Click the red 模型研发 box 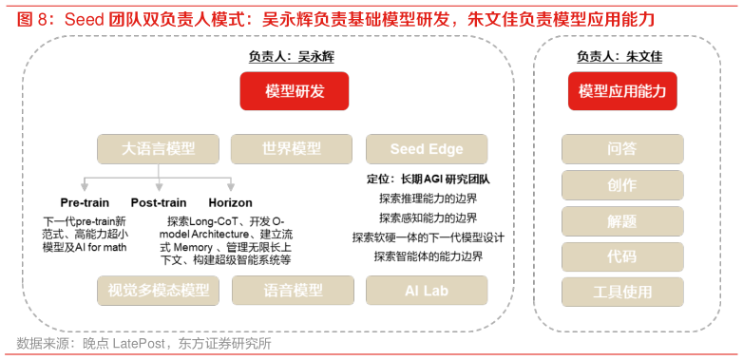(295, 91)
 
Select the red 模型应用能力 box (622, 91)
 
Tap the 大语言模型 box (158, 149)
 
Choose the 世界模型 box (293, 149)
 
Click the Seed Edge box (427, 149)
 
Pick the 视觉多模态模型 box (158, 291)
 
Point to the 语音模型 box (293, 291)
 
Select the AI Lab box (427, 291)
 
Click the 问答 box (622, 149)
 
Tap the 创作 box (622, 185)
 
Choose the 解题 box (622, 221)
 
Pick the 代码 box (622, 256)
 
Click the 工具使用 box (622, 292)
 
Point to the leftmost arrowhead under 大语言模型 (85, 188)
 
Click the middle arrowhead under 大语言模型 (158, 188)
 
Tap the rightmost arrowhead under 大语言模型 (231, 188)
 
